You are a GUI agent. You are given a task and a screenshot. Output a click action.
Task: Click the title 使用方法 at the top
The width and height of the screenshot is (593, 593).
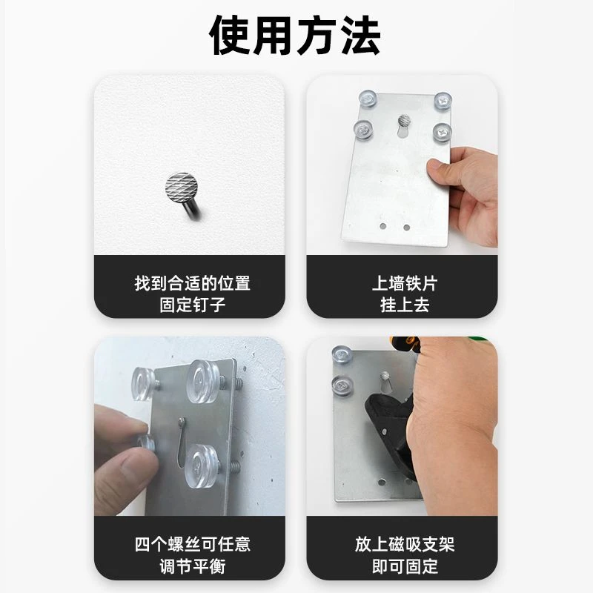click(x=294, y=36)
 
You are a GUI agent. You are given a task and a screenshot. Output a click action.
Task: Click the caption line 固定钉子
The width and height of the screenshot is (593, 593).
click(x=193, y=305)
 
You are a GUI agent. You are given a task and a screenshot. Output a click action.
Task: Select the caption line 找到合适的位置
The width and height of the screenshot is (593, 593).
click(x=193, y=283)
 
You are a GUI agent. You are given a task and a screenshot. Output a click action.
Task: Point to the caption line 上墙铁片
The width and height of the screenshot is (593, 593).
click(x=405, y=283)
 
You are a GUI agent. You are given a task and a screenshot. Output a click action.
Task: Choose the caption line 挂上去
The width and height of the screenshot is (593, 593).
click(x=405, y=305)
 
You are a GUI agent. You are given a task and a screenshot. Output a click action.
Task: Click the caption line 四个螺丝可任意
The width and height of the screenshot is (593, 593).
click(x=193, y=544)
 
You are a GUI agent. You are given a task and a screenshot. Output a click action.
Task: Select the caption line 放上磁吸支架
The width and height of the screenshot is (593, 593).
click(x=405, y=544)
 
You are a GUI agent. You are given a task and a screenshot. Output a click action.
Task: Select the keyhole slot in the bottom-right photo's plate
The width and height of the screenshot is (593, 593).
click(x=384, y=382)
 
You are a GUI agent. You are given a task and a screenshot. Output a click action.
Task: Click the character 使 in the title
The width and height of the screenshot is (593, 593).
click(x=230, y=36)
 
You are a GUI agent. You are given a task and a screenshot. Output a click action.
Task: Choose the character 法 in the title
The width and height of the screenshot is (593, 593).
click(x=360, y=36)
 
